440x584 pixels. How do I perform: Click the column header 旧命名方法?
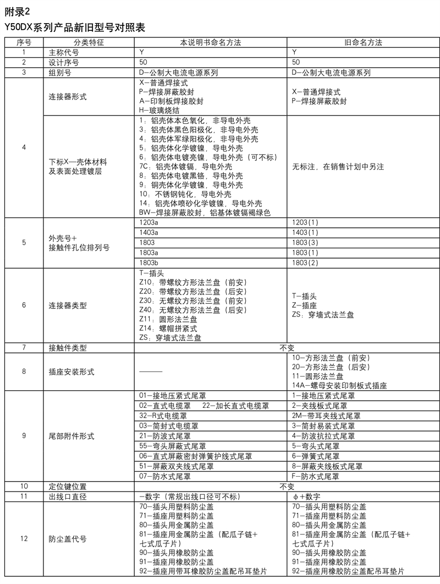(363, 42)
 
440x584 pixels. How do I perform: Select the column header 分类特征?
(89, 42)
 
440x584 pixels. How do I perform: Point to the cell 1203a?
(148, 222)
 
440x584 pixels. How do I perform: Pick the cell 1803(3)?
(305, 242)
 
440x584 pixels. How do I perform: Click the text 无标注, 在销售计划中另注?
(338, 166)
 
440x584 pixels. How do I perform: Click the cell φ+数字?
(310, 496)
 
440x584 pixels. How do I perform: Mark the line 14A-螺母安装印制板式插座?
(339, 386)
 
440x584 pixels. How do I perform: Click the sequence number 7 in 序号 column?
(24, 348)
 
